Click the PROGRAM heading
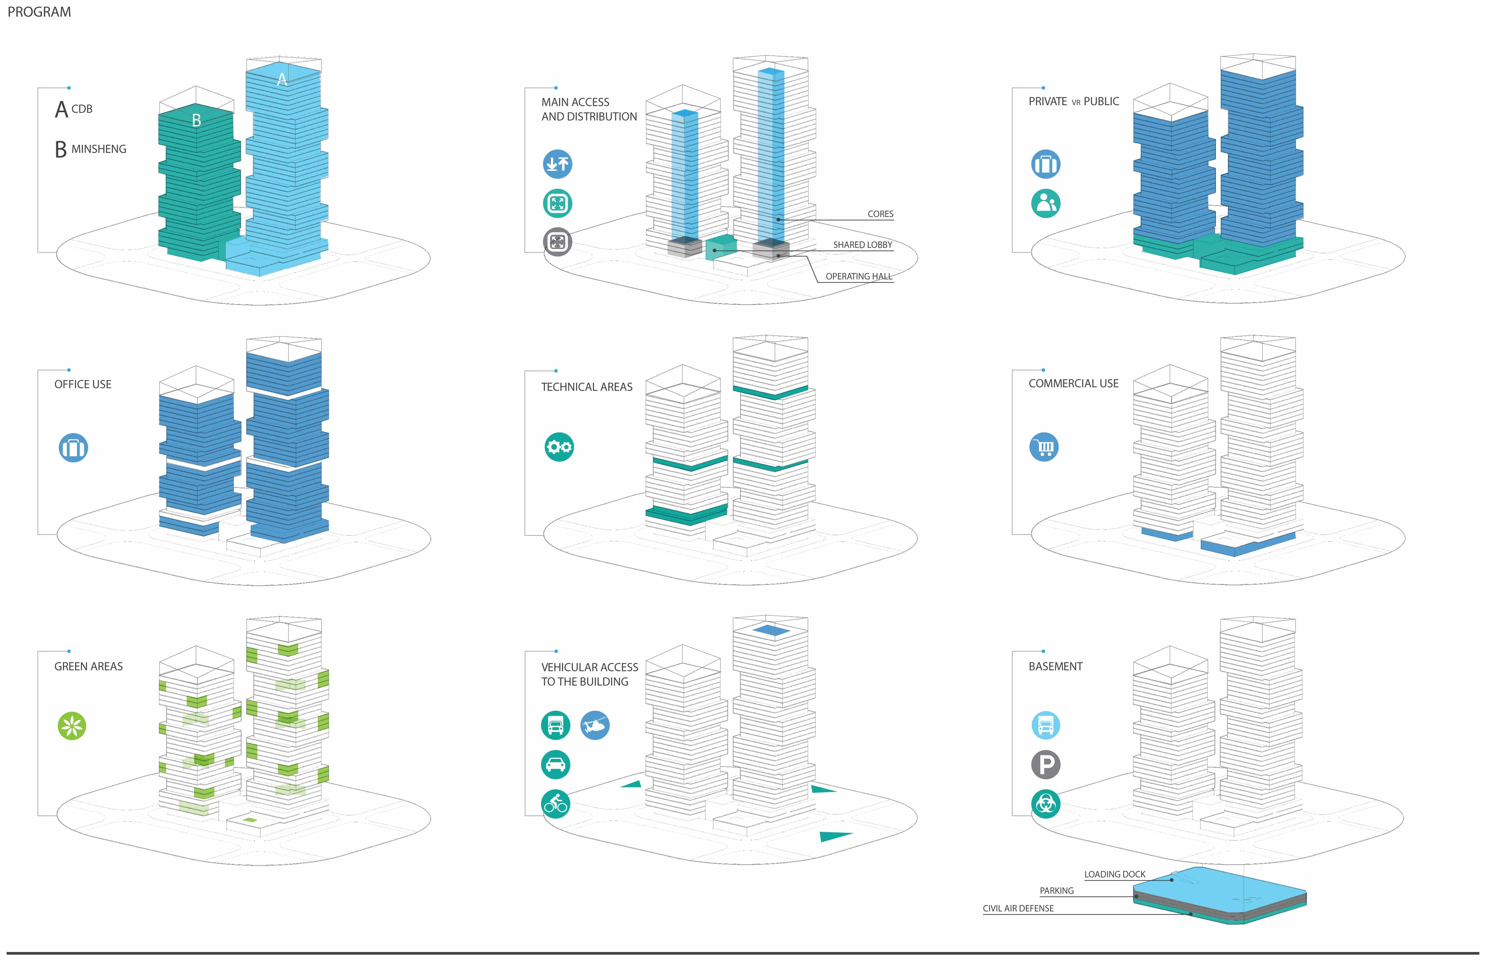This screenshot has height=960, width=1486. (39, 12)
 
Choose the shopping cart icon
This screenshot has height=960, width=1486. (1044, 447)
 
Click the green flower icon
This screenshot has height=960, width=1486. (72, 726)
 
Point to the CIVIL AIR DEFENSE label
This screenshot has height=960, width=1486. (1018, 908)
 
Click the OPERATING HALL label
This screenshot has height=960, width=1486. (858, 276)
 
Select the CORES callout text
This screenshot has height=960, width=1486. (880, 214)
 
